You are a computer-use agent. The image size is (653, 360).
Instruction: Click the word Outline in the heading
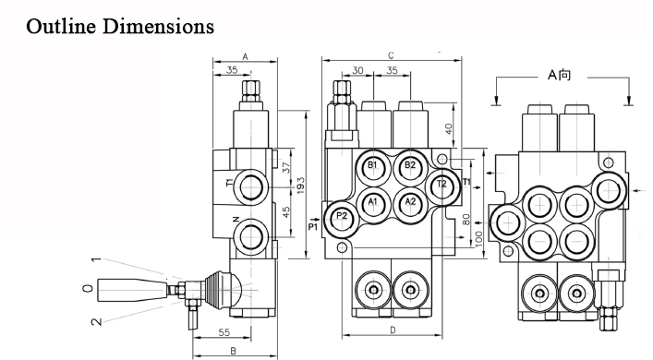pyautogui.click(x=61, y=26)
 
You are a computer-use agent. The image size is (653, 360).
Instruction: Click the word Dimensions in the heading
pyautogui.click(x=158, y=26)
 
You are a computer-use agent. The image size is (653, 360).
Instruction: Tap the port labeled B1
pyautogui.click(x=373, y=166)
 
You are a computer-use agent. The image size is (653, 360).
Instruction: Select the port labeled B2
pyautogui.click(x=410, y=166)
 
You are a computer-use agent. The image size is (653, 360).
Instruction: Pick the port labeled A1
pyautogui.click(x=373, y=203)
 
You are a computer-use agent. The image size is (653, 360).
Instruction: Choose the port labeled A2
pyautogui.click(x=410, y=203)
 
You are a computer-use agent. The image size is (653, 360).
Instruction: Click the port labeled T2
pyautogui.click(x=441, y=186)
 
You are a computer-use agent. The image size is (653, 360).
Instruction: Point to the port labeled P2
pyautogui.click(x=342, y=217)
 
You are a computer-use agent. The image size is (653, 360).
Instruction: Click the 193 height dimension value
pyautogui.click(x=301, y=186)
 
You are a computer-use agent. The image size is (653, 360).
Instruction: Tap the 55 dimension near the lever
pyautogui.click(x=224, y=332)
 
